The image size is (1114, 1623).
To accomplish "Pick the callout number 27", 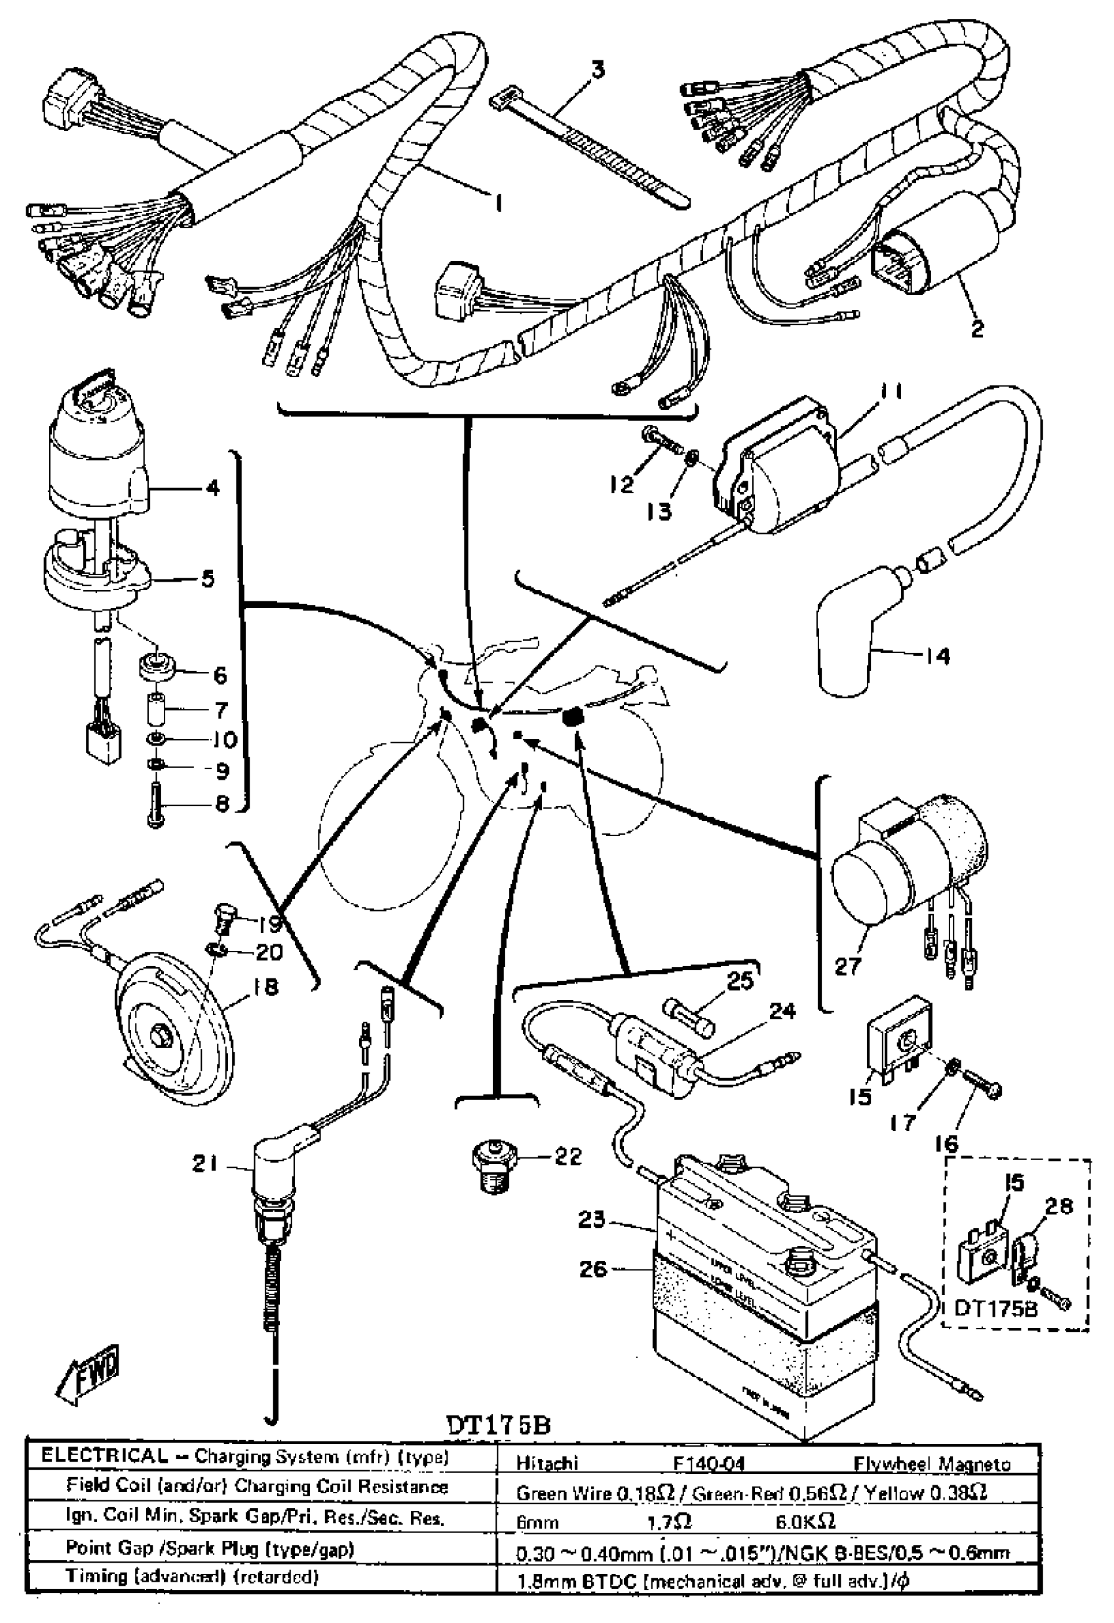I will [848, 967].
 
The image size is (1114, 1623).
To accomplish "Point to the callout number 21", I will [204, 1163].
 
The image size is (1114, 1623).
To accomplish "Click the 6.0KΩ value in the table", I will [805, 1520].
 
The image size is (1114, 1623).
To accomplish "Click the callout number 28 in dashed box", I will [1058, 1206].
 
